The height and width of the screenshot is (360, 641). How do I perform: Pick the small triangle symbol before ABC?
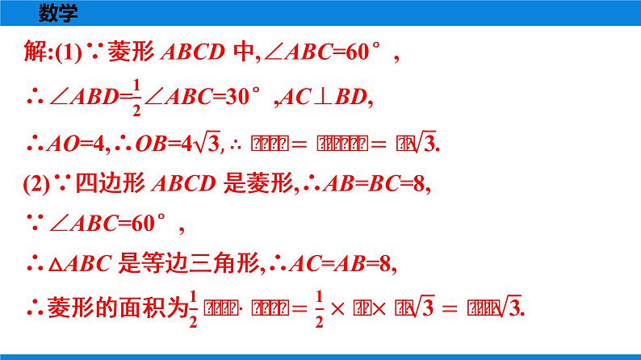pos(53,266)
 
